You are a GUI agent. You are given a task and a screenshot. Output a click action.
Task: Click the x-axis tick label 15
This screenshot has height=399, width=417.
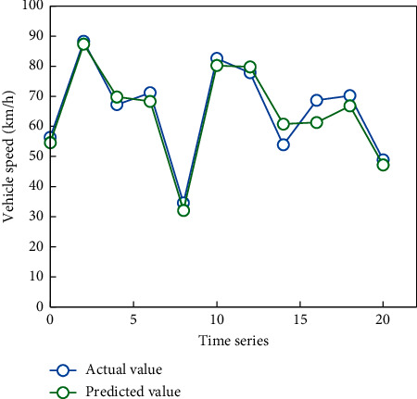(299, 319)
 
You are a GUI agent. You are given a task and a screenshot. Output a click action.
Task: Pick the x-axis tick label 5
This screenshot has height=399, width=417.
(133, 319)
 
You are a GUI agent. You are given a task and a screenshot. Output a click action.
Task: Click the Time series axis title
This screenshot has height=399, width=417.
(233, 340)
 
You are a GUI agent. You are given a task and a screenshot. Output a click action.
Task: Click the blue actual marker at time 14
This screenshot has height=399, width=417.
(284, 144)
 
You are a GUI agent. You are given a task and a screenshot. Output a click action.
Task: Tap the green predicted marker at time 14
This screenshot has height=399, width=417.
(284, 124)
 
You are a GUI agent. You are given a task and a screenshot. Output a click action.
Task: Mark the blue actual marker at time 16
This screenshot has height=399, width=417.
(317, 100)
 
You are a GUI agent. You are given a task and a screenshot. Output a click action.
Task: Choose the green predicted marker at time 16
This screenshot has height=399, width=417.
(317, 122)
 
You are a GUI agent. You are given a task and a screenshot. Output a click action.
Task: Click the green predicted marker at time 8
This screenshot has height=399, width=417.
(183, 210)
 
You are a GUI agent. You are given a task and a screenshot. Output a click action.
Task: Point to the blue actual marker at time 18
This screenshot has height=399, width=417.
(350, 95)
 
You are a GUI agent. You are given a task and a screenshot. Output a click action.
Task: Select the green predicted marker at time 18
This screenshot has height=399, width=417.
(350, 106)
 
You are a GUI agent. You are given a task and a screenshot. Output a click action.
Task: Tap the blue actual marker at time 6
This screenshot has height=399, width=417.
(150, 93)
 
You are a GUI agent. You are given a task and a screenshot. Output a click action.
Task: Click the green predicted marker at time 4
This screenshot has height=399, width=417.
(117, 96)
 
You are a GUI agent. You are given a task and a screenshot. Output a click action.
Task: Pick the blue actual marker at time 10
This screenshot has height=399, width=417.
(217, 58)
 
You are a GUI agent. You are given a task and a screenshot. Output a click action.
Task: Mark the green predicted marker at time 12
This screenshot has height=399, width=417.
(250, 67)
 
